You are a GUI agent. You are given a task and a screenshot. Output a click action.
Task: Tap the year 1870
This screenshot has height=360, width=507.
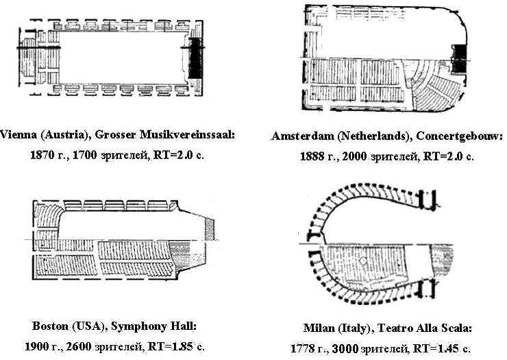(x=42, y=155)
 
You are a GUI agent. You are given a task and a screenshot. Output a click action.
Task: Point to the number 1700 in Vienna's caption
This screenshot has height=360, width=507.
(x=85, y=155)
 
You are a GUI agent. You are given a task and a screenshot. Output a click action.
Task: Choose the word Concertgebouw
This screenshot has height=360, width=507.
(x=459, y=136)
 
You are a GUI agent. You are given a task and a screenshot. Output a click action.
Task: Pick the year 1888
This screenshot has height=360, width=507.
(x=312, y=156)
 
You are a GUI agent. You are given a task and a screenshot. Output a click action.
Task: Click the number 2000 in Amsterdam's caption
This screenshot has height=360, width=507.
(x=354, y=156)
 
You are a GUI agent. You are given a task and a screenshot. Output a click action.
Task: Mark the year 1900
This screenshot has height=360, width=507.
(x=36, y=347)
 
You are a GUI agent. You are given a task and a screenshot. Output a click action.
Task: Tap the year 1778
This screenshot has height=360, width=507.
(x=302, y=348)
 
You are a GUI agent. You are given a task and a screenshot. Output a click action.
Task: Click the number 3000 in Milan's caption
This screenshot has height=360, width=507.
(x=345, y=348)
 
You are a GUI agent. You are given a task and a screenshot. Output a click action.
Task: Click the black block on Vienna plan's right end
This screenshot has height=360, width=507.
(x=195, y=58)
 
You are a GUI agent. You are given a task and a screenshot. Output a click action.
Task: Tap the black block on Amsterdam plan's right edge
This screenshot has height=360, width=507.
(x=460, y=59)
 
